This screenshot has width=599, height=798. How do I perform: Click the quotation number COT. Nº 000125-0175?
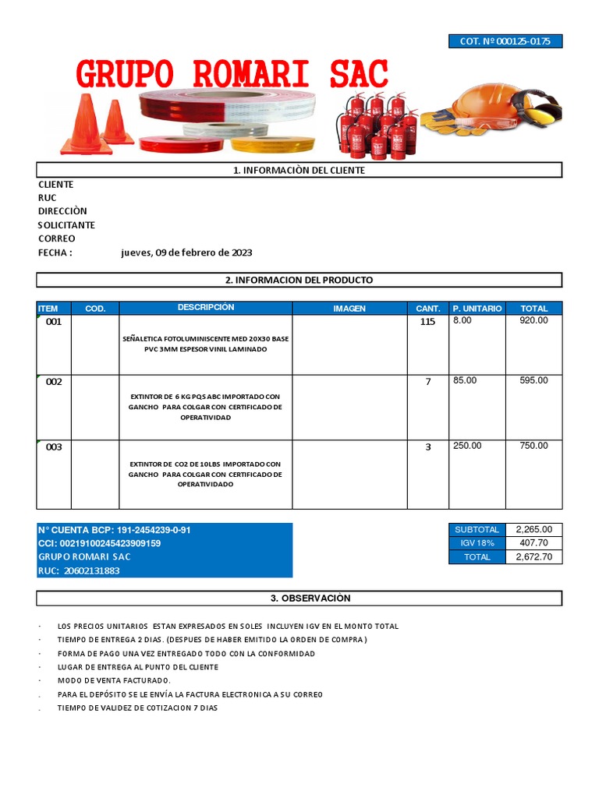point(505,41)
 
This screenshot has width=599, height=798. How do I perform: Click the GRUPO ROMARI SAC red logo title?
point(232,74)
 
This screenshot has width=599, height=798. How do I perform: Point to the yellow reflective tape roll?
point(272,144)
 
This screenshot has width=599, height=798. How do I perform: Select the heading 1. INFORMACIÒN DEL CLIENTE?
point(299,170)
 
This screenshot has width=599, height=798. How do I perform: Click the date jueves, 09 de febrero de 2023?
point(186,252)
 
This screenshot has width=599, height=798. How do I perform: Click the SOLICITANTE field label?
point(67,225)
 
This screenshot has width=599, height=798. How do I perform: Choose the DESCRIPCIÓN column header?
point(205,308)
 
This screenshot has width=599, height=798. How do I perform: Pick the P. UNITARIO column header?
point(477,309)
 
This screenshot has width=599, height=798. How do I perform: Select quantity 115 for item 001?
point(427,322)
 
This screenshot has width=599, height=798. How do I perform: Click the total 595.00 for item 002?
point(533,380)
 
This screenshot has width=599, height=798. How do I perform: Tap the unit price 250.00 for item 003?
point(467,446)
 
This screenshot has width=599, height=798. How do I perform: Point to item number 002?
point(54,382)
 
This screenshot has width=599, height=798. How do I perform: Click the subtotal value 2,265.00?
point(533,529)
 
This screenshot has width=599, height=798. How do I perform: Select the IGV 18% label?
point(477,543)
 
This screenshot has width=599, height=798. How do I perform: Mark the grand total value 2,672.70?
point(533,557)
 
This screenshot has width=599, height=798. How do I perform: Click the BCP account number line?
point(115,530)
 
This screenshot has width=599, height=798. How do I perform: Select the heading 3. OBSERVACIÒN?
point(299,598)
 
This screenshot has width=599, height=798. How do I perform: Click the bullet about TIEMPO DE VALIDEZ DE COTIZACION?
point(137,708)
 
